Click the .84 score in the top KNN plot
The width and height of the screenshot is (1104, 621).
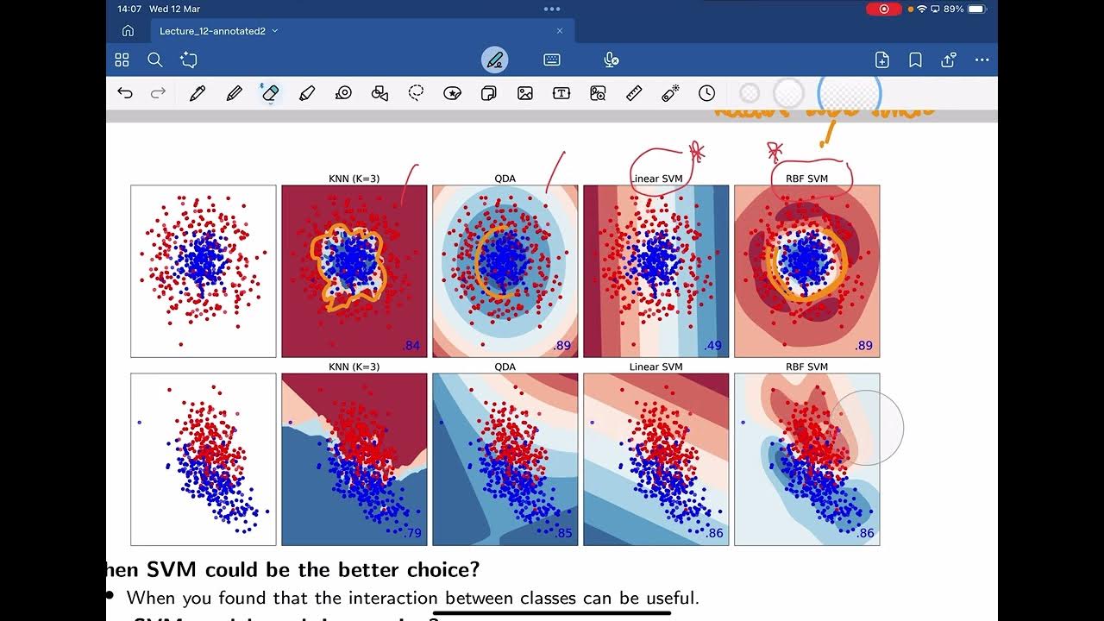click(x=412, y=346)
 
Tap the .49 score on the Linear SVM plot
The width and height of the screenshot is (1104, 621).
click(x=713, y=346)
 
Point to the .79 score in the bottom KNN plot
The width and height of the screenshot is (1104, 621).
click(x=412, y=533)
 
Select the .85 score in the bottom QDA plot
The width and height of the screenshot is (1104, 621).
click(x=563, y=533)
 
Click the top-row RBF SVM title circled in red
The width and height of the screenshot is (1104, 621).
click(x=806, y=179)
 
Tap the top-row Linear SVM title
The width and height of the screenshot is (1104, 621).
click(x=656, y=179)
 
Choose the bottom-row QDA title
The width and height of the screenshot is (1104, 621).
click(x=505, y=367)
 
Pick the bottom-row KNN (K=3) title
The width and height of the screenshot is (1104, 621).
click(x=354, y=367)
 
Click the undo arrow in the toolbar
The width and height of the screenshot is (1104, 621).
click(x=125, y=93)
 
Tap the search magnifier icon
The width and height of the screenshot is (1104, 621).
click(x=155, y=60)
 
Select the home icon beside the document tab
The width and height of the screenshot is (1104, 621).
click(x=128, y=31)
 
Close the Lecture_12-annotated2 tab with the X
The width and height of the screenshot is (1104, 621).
click(x=559, y=31)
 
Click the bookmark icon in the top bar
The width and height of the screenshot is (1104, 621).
click(x=915, y=60)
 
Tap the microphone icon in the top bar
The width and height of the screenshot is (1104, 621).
click(x=611, y=60)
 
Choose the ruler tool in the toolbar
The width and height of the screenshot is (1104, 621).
click(x=634, y=93)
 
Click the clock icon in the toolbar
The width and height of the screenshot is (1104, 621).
click(x=706, y=93)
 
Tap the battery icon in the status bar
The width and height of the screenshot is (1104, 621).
click(x=976, y=9)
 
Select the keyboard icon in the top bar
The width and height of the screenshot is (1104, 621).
click(x=552, y=60)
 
